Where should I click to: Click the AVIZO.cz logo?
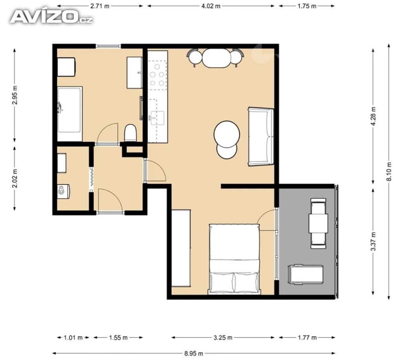click(x=51, y=17)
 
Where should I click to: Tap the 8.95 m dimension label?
click(x=194, y=354)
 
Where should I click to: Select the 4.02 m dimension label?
click(x=211, y=6)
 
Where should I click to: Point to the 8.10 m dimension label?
click(x=389, y=172)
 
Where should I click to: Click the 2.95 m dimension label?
click(x=15, y=95)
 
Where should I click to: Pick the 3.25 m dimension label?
click(x=223, y=338)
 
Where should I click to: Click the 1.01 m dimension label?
click(x=73, y=338)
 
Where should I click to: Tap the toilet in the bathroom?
click(x=130, y=133)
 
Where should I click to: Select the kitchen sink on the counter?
click(x=157, y=118)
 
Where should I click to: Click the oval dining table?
click(x=217, y=58)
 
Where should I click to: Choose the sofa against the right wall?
click(x=261, y=137)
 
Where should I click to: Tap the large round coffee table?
click(x=227, y=134)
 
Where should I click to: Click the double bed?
click(x=234, y=259)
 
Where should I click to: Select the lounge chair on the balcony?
click(x=305, y=274)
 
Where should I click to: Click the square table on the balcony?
click(x=318, y=223)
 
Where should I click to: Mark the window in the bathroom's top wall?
click(x=108, y=46)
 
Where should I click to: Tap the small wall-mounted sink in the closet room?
click(x=63, y=191)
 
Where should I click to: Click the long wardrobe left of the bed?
click(x=181, y=248)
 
